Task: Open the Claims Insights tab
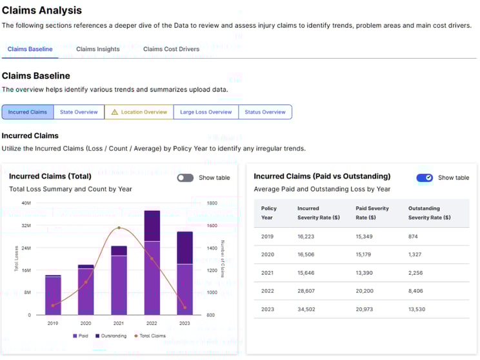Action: click(x=97, y=49)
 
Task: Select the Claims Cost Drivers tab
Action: click(x=171, y=49)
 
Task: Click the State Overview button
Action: click(x=79, y=112)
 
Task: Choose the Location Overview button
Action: click(x=139, y=112)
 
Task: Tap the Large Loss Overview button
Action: click(x=206, y=112)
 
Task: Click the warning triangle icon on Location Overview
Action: click(x=114, y=112)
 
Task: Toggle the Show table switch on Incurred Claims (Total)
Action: click(x=185, y=177)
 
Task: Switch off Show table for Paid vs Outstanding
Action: click(x=425, y=177)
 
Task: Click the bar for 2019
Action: click(x=53, y=295)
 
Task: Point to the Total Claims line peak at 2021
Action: click(x=119, y=228)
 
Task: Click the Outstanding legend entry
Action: click(x=111, y=335)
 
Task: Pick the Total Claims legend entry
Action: click(x=150, y=335)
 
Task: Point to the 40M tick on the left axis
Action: click(x=26, y=203)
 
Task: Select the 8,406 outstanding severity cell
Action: click(x=417, y=291)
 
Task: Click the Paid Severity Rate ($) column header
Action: click(x=370, y=213)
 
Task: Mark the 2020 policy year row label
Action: click(x=267, y=255)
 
